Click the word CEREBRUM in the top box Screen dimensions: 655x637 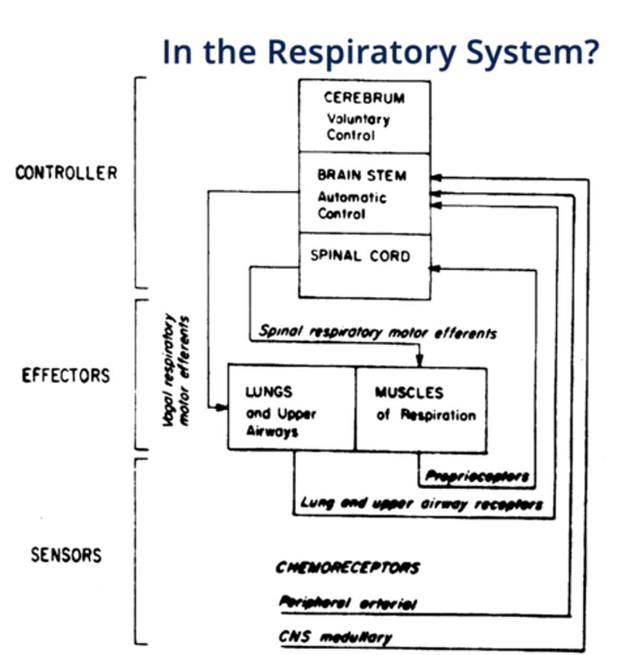click(x=364, y=98)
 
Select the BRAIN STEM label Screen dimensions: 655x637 click(x=362, y=176)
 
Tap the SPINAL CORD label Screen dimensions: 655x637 click(x=360, y=256)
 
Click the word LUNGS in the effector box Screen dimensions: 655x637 click(x=269, y=392)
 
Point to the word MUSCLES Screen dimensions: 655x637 click(x=409, y=392)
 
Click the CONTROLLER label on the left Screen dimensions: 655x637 click(x=66, y=173)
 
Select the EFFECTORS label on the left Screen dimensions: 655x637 click(x=66, y=376)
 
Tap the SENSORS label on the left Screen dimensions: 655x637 click(x=66, y=555)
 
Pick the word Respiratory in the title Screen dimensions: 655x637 click(x=360, y=52)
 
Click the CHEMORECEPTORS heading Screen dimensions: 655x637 click(x=347, y=568)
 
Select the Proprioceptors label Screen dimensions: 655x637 click(x=477, y=477)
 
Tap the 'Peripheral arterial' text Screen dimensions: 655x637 click(x=348, y=603)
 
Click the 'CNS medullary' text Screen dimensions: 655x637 click(x=335, y=637)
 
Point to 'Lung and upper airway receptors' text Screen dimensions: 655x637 click(x=421, y=504)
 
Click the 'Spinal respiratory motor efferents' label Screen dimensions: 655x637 click(x=377, y=332)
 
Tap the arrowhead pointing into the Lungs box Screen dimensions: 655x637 click(x=221, y=407)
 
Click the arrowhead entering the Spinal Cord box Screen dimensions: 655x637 click(x=435, y=269)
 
